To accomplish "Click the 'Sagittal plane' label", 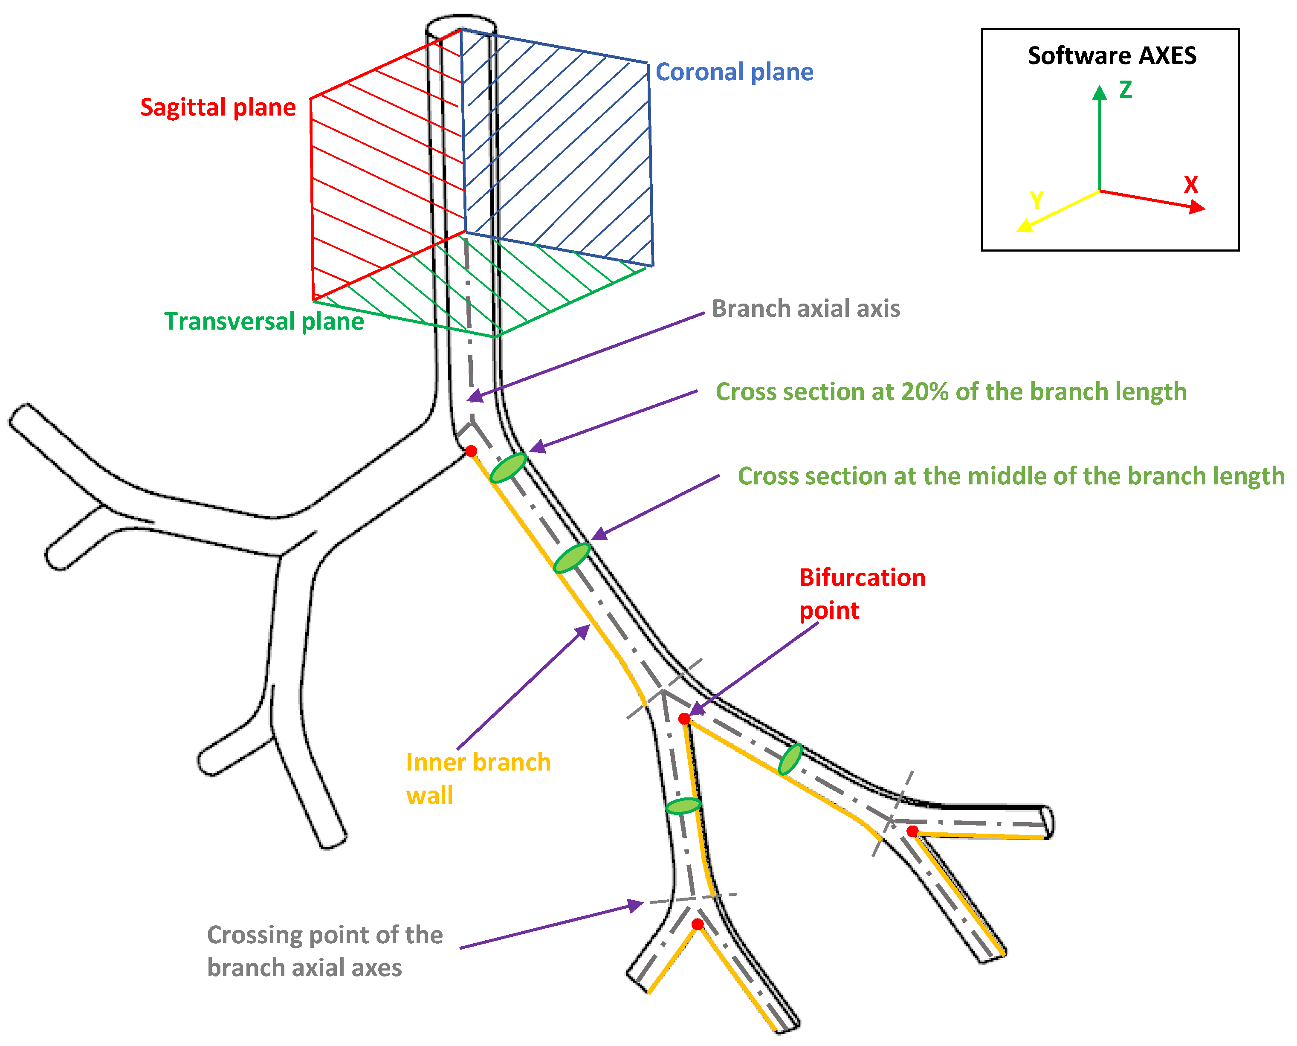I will click(x=218, y=107).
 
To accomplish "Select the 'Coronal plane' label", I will click(x=734, y=72).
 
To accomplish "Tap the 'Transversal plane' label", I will click(x=264, y=321).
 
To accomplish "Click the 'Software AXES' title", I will click(x=1112, y=55).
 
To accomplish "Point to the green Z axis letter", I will click(x=1125, y=90).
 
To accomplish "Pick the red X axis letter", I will click(x=1190, y=184).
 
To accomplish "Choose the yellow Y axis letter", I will click(x=1036, y=200).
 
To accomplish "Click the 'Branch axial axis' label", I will click(x=805, y=308).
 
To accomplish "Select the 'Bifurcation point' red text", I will click(x=861, y=594).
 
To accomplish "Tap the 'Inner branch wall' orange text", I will click(x=478, y=779).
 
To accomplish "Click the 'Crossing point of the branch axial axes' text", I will click(x=325, y=951).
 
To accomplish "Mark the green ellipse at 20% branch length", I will click(x=508, y=468).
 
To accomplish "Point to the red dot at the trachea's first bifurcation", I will click(x=472, y=451).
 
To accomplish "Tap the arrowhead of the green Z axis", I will click(x=1100, y=92).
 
